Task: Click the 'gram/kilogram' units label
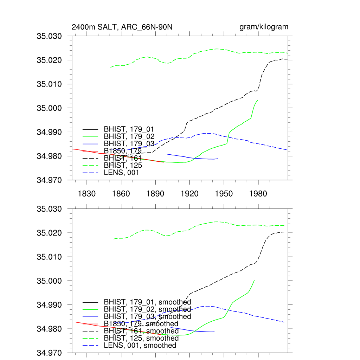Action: [264, 27]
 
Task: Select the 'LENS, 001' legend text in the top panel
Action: [121, 173]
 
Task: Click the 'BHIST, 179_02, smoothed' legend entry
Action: [147, 309]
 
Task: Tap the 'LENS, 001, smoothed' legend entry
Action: [140, 346]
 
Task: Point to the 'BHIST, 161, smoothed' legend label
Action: [141, 331]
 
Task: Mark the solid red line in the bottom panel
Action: [91, 324]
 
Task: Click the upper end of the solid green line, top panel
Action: [258, 100]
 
